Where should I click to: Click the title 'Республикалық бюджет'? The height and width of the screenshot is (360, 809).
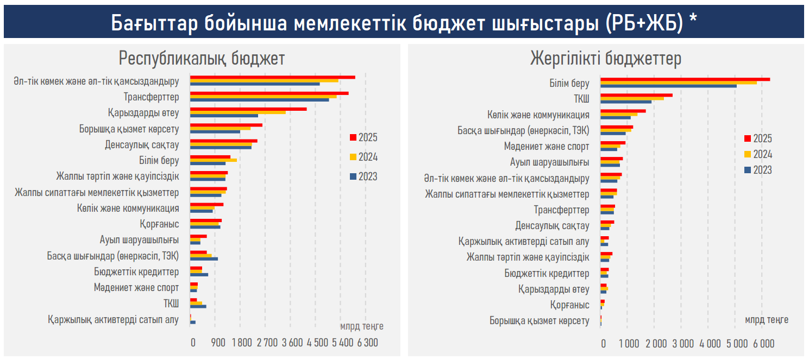(x=202, y=58)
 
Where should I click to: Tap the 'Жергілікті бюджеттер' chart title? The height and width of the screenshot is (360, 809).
(x=606, y=58)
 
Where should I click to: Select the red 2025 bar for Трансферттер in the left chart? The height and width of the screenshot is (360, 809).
(x=269, y=93)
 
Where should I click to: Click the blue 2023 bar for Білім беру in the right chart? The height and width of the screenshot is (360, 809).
(x=668, y=86)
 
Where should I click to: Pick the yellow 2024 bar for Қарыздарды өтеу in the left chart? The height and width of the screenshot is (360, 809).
(x=237, y=112)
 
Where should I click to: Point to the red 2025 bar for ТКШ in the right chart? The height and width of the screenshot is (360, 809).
(x=636, y=95)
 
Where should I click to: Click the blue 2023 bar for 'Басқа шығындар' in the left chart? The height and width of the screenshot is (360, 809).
(x=204, y=259)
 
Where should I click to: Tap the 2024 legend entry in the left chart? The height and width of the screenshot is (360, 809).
(x=363, y=157)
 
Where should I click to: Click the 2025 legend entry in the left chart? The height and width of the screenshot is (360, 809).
(x=363, y=138)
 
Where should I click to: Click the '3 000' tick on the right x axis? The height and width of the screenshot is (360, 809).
(x=682, y=343)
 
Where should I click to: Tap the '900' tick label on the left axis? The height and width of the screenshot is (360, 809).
(x=218, y=343)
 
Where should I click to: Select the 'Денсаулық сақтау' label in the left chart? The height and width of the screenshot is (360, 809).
(x=142, y=145)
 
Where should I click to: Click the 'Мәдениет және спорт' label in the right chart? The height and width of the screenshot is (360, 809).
(x=547, y=147)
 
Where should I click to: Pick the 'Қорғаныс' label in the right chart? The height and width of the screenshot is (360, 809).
(x=569, y=305)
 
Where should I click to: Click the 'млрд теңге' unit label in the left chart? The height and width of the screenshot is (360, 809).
(x=362, y=326)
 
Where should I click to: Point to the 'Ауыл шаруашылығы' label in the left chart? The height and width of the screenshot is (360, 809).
(x=139, y=240)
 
